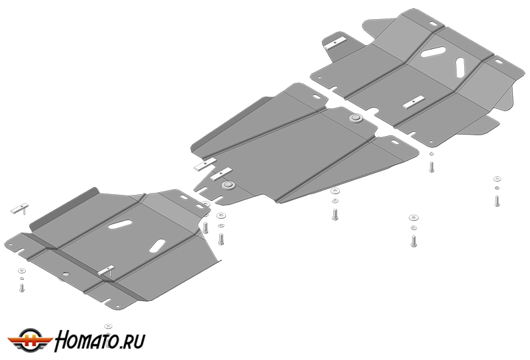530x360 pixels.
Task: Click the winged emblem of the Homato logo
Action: (30, 340)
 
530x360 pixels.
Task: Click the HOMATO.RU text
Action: (100, 341)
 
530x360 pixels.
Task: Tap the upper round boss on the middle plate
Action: (356, 119)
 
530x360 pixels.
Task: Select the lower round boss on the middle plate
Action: (228, 185)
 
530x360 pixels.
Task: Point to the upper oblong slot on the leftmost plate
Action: (120, 224)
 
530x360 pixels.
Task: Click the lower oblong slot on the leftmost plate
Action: (157, 246)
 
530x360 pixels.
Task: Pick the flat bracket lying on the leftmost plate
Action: (106, 270)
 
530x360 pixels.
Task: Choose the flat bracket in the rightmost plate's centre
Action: (413, 102)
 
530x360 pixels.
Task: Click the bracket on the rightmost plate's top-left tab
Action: (336, 43)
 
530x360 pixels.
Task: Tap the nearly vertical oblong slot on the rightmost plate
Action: (460, 67)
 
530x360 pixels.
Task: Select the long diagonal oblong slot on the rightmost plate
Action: (433, 52)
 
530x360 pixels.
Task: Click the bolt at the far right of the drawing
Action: (497, 201)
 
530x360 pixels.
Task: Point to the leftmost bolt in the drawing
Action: (22, 288)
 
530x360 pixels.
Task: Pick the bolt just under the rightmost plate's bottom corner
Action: (431, 167)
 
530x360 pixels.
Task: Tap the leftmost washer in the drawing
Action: (22, 270)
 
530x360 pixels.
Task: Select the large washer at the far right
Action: (497, 178)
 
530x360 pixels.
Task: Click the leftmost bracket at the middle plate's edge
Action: (205, 165)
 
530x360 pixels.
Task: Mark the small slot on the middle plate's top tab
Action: (317, 97)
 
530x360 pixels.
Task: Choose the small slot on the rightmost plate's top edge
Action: (433, 24)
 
